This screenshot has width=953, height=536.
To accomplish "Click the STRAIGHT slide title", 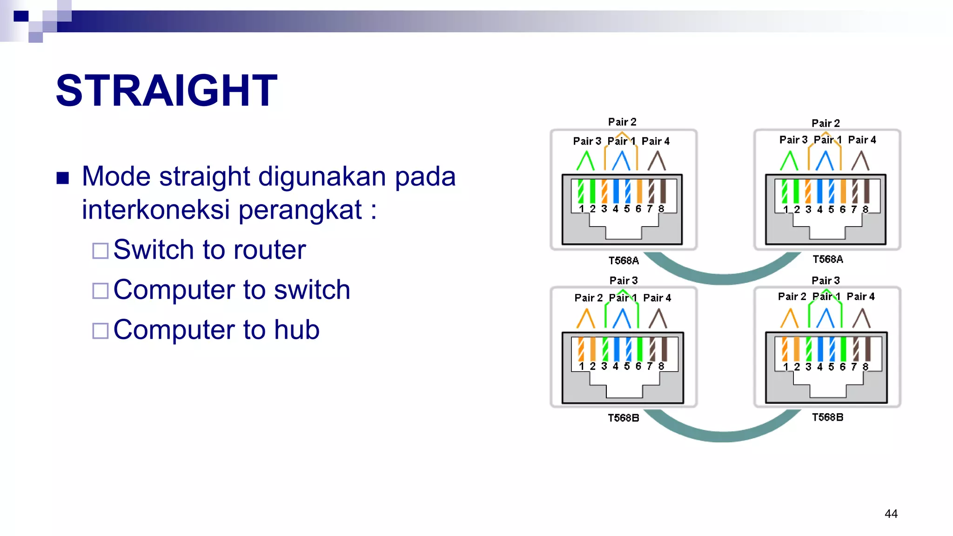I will coord(166,90).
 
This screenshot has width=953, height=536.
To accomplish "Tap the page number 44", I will coord(891,514).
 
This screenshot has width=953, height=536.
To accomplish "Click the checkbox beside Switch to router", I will coord(101,250).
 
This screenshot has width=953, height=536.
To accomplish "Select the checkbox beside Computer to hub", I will coord(101,331).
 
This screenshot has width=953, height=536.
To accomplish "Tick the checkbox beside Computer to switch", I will coord(101,291).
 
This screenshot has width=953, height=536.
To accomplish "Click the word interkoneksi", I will coord(156,209).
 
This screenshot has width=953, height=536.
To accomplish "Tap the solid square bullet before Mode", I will coord(63,178).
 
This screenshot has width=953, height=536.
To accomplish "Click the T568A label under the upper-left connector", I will coord(624,261).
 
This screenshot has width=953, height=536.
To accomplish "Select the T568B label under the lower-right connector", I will coord(827,417).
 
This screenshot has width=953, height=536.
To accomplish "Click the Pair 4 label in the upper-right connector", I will coord(861,140).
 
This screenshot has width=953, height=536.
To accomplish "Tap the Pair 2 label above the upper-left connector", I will coord(622,122).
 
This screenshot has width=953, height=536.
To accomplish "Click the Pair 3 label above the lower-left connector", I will coord(624,281).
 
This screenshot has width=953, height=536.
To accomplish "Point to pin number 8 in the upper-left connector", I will coord(661,209).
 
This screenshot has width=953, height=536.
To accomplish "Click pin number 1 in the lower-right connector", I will coord(785,367).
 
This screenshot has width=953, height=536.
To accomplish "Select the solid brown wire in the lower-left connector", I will coord(664,349).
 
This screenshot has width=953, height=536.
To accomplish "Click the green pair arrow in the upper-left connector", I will coord(585,161).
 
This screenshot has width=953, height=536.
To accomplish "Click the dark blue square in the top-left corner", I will coord(21,16).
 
